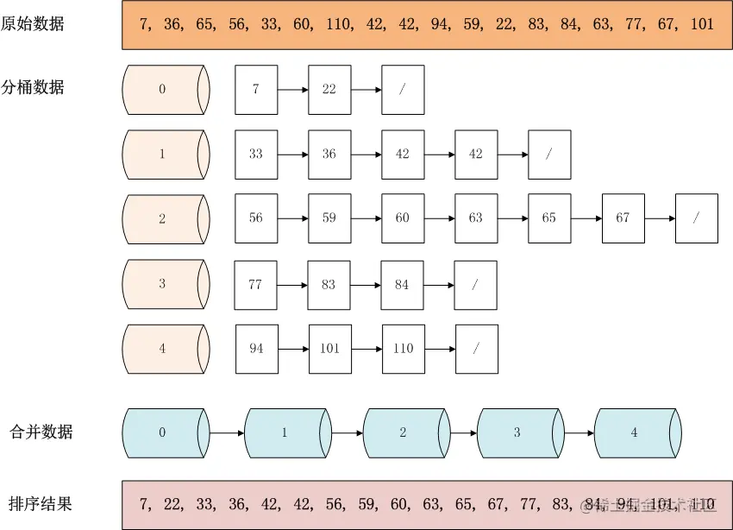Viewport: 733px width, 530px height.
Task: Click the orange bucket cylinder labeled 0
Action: click(165, 89)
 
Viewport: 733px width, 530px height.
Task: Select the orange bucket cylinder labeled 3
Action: click(165, 284)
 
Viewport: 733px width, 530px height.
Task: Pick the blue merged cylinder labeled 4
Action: click(636, 432)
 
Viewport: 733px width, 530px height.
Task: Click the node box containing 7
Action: click(256, 89)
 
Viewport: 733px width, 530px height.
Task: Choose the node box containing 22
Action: click(329, 89)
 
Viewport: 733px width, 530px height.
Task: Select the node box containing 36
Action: click(329, 154)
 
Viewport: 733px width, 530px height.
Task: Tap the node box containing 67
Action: click(623, 218)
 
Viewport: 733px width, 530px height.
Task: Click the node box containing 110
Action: click(404, 349)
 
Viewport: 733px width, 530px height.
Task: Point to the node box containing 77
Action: click(256, 284)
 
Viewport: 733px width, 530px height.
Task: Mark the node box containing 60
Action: click(403, 218)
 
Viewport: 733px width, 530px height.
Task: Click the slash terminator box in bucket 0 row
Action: click(403, 89)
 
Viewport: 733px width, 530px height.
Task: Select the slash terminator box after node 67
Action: click(697, 218)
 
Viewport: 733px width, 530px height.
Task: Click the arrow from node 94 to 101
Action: click(294, 349)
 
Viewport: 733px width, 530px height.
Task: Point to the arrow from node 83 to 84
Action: click(366, 284)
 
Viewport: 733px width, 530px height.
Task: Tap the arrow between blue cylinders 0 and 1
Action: click(227, 432)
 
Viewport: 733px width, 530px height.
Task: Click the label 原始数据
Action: click(33, 24)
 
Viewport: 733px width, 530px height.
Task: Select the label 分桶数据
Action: click(33, 86)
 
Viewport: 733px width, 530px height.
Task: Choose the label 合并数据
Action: click(41, 432)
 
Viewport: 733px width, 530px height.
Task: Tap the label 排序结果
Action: click(41, 504)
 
